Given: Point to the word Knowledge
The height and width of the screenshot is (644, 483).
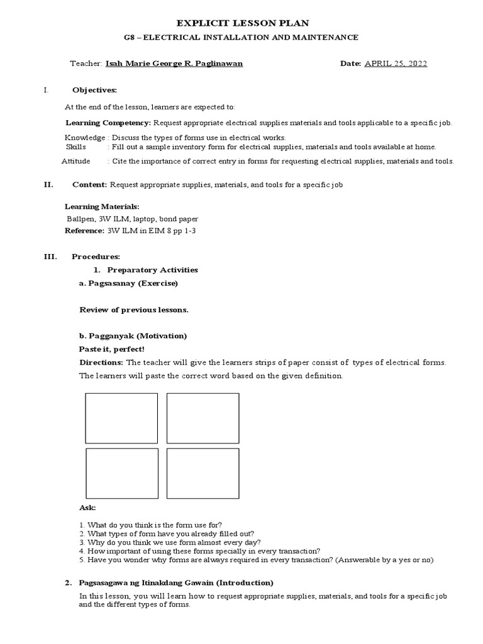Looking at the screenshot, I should pos(84,138).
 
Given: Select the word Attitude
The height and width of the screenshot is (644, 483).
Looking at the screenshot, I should pos(76,162).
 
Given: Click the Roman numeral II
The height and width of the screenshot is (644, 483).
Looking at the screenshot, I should pos(47,185).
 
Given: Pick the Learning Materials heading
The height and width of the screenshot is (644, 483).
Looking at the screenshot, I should pos(103,206).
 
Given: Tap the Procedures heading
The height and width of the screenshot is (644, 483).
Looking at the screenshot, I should pos(96,257).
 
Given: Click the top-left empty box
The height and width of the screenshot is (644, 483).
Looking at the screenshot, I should pos(121,418).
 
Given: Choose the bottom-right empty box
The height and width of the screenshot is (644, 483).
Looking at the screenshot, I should pos(203,474).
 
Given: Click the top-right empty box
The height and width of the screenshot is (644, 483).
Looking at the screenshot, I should pos(203,418).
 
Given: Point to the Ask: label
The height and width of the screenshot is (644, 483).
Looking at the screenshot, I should pos(86,508).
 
